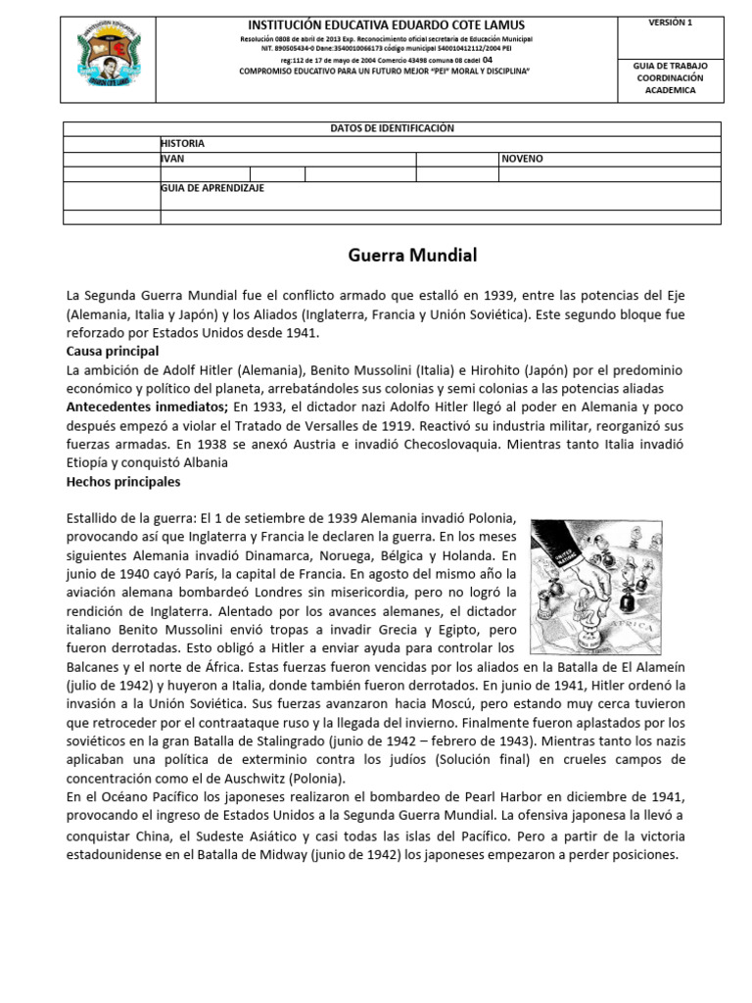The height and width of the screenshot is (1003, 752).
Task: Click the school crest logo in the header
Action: pyautogui.click(x=110, y=57)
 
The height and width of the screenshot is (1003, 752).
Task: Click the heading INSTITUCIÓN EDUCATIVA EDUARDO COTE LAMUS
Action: pyautogui.click(x=386, y=24)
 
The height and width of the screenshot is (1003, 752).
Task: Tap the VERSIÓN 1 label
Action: pyautogui.click(x=670, y=22)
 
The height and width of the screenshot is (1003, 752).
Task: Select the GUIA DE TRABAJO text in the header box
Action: pyautogui.click(x=671, y=65)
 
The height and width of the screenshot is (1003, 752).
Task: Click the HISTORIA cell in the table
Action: pyautogui.click(x=182, y=143)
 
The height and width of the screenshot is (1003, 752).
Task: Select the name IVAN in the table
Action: pyautogui.click(x=172, y=158)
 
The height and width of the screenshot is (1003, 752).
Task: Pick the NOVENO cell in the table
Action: pyautogui.click(x=522, y=158)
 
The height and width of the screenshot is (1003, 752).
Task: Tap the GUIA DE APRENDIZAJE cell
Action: pyautogui.click(x=211, y=187)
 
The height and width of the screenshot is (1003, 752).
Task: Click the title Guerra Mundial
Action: pyautogui.click(x=412, y=257)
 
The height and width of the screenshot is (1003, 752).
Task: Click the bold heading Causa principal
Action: pyautogui.click(x=112, y=351)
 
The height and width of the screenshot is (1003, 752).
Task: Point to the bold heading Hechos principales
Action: pyautogui.click(x=122, y=482)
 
